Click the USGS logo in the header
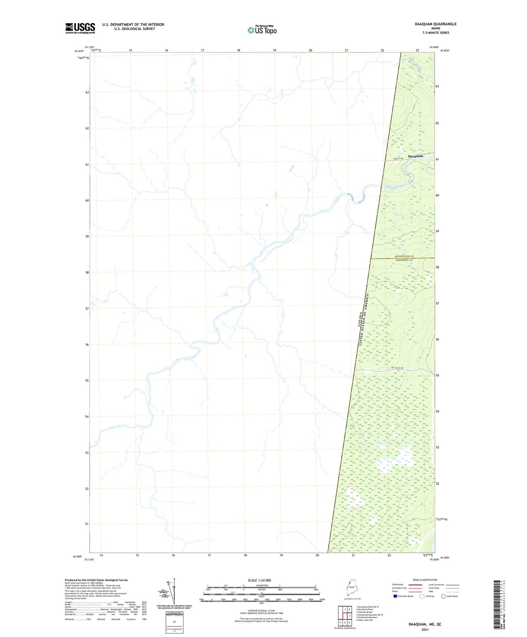click(x=80, y=28)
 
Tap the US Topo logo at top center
click(x=262, y=30)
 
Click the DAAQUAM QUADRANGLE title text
click(x=436, y=24)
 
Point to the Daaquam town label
click(x=415, y=156)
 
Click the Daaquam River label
click(x=396, y=185)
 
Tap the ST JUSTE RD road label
click(x=397, y=368)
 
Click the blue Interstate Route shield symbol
click(x=395, y=596)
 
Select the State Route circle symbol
click(x=443, y=596)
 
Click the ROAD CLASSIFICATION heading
click(x=425, y=580)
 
